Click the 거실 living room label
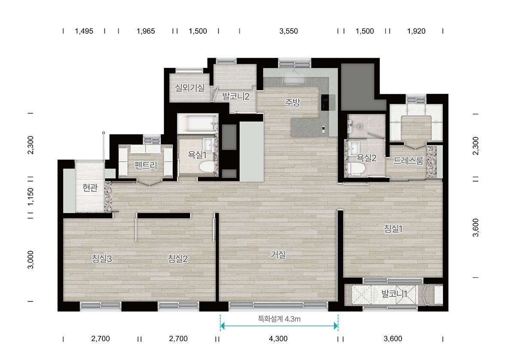[278, 255]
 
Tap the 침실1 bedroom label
[393, 229]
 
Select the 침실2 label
[178, 258]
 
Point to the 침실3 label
[102, 258]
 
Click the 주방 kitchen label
[292, 102]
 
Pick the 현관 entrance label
[90, 188]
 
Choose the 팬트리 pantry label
[146, 165]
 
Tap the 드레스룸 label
[408, 160]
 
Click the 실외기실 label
[190, 88]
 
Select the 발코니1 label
[394, 294]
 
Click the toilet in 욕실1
[207, 166]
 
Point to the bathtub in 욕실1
[198, 124]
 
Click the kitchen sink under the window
[295, 78]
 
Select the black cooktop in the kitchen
[325, 102]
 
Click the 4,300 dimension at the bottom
[278, 338]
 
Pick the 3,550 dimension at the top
[289, 31]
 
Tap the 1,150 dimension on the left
[31, 197]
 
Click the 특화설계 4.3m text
[279, 319]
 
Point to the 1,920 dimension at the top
[416, 31]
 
